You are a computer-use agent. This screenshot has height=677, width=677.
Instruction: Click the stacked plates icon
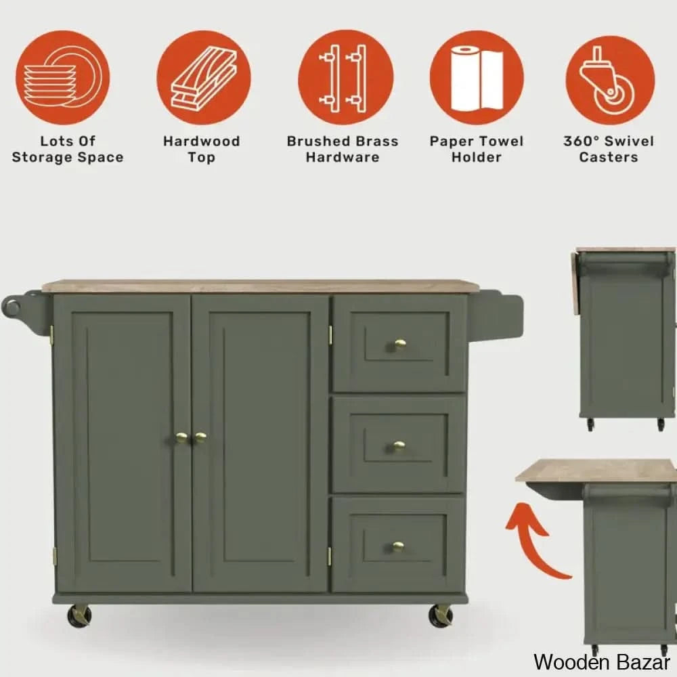point(63,78)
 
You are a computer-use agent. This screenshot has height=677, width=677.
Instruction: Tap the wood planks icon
point(204,78)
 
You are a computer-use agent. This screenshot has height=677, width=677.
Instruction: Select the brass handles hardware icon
point(345,78)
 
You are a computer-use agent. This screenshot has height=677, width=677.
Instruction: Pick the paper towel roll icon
point(477,78)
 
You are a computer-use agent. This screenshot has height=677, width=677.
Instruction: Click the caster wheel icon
point(610,81)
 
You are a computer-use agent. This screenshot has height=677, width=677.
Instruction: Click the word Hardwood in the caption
point(202,141)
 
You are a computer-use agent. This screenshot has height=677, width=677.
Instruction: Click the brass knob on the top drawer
point(400,345)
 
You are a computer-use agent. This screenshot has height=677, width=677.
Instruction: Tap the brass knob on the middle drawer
point(399,446)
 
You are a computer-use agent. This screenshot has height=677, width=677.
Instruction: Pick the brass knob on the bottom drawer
point(398,547)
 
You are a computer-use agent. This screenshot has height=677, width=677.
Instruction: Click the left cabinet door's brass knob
point(182,438)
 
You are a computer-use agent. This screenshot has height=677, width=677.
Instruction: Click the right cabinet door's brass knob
point(200,438)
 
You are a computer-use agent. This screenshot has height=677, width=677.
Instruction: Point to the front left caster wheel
point(80,615)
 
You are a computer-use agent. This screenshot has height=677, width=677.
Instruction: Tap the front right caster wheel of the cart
point(441,615)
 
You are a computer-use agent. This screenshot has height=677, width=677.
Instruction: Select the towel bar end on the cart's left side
point(12,306)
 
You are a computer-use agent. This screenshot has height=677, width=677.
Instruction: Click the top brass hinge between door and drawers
point(330,336)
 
